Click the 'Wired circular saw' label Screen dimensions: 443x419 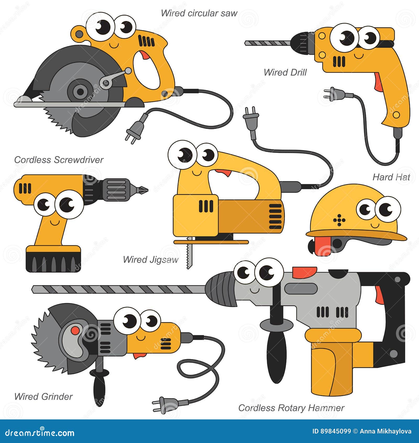[x=199, y=13]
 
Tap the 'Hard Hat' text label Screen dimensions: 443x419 [x=391, y=177]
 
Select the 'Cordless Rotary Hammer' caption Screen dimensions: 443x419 [x=291, y=408]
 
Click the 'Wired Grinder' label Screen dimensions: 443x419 [x=43, y=397]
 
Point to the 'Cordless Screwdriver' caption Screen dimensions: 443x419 [x=59, y=160]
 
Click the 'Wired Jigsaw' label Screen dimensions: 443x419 [x=151, y=260]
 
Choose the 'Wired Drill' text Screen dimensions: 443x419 [x=285, y=73]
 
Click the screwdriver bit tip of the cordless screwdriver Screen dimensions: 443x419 [x=143, y=189]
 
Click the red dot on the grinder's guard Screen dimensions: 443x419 [x=75, y=330]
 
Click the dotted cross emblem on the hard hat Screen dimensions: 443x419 [x=339, y=220]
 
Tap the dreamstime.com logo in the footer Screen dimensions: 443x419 [x=40, y=433]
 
